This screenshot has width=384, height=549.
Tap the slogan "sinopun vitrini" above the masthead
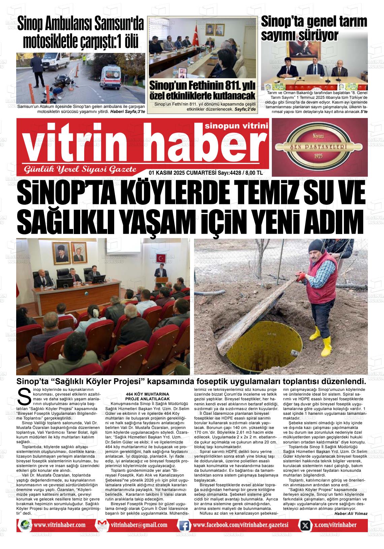236,126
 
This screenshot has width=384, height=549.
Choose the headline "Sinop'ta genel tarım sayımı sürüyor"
314,28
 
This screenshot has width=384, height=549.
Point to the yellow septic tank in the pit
256,347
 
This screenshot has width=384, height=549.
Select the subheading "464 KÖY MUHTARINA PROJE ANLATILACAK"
147,396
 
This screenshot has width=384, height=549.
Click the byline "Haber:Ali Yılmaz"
351,514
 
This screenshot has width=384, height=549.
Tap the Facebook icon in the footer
184,525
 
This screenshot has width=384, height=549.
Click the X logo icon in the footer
305,525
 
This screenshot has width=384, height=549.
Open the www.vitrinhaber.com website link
59,525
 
